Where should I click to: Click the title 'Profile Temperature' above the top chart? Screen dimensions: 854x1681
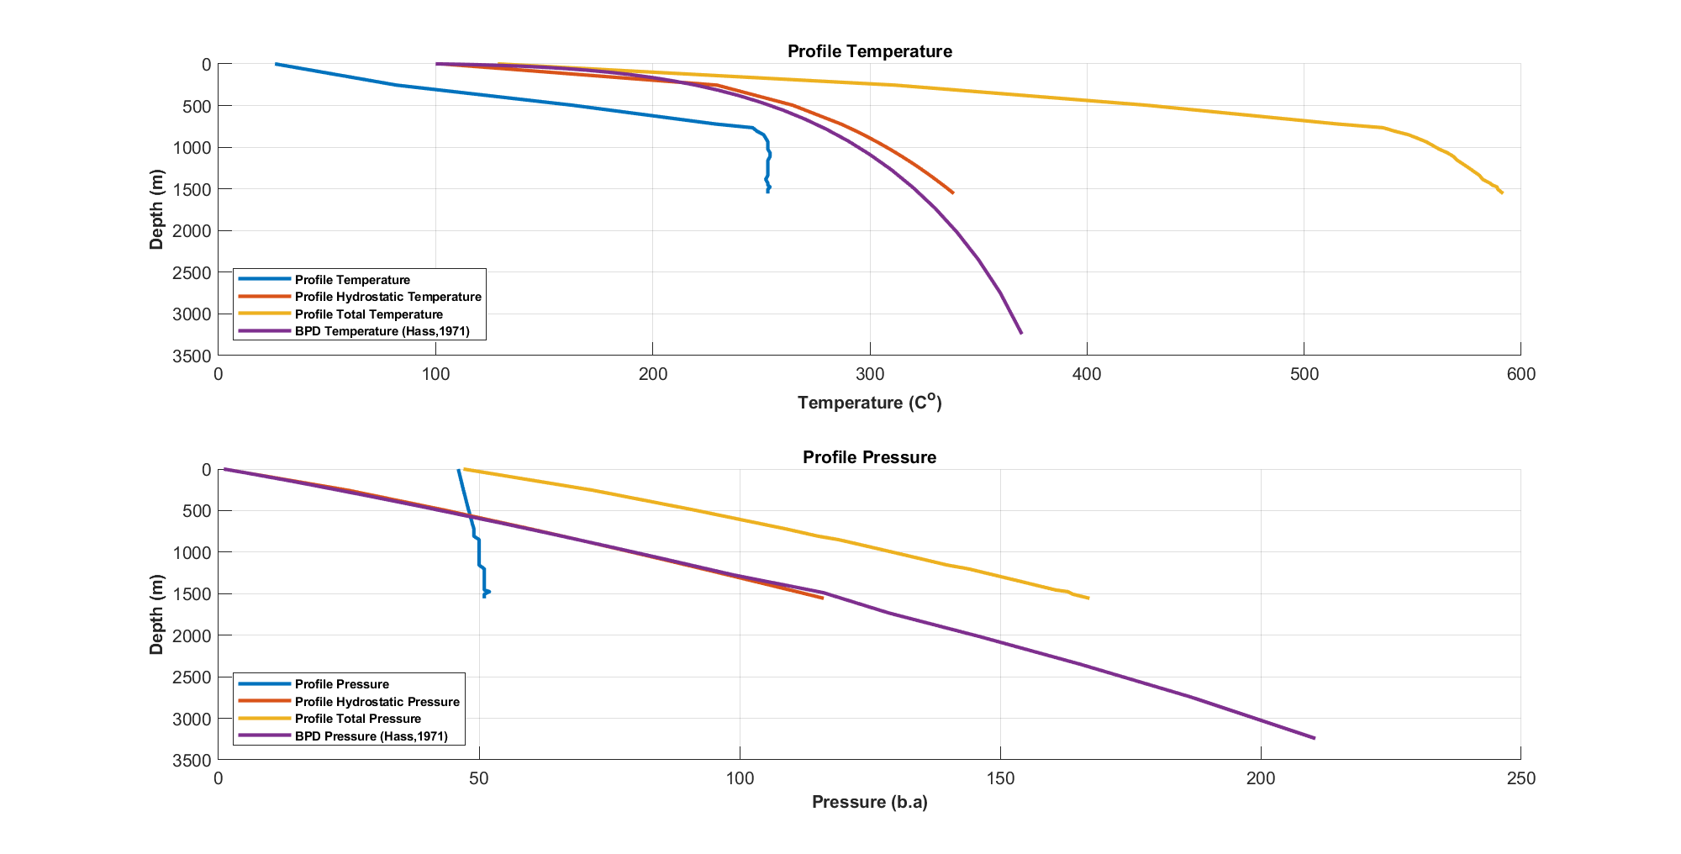869,51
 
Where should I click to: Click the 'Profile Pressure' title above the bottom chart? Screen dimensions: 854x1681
869,457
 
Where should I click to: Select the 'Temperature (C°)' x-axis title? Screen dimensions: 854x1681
869,403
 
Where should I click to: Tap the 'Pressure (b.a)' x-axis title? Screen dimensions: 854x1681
869,802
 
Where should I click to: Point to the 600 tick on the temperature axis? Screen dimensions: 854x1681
1520,375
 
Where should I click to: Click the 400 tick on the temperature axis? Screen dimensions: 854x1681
1087,375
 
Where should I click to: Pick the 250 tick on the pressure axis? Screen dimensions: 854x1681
1520,779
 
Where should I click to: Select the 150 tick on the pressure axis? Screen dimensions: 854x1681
999,779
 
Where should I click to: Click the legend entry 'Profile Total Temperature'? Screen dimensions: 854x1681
368,314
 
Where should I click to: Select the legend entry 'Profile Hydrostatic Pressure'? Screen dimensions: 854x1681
377,702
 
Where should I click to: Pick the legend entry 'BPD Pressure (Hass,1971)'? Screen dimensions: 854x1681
371,736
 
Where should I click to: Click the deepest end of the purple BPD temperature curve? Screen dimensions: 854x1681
1021,333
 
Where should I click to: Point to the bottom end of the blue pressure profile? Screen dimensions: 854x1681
484,596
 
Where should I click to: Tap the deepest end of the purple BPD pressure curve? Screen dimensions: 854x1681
1314,738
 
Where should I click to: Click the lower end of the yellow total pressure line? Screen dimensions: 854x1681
1088,598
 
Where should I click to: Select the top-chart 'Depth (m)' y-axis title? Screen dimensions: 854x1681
156,209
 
